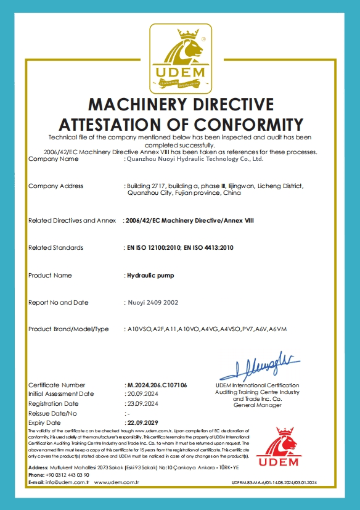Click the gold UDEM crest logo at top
(179, 58)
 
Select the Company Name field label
(54, 159)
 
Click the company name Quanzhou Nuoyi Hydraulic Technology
(195, 159)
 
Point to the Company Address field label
(56, 186)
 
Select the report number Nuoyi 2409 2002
(152, 303)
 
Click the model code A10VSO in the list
(138, 329)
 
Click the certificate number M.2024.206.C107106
(156, 385)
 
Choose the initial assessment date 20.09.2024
(142, 393)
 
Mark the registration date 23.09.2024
(142, 403)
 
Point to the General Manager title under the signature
(257, 405)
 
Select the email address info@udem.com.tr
(68, 482)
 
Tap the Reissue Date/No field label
(52, 413)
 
